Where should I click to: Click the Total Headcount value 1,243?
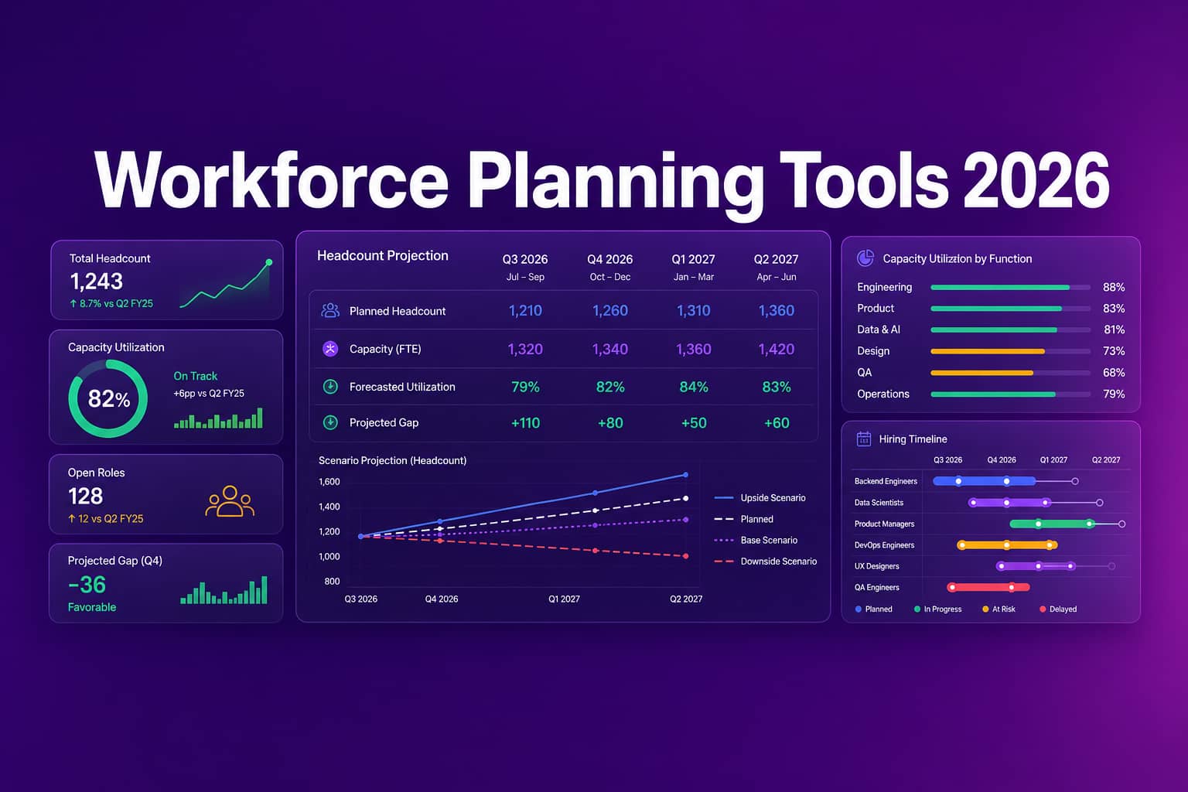coord(97,282)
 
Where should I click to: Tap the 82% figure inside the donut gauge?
coord(109,399)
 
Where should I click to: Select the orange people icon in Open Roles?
coord(230,501)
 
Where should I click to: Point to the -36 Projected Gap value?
coord(87,585)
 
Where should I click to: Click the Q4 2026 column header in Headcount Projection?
coord(610,259)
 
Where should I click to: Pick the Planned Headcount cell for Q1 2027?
coord(693,310)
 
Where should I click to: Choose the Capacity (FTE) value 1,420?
coord(777,349)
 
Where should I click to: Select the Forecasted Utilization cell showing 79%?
coord(525,387)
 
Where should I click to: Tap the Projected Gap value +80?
coord(610,423)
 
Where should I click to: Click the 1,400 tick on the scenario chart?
coord(329,507)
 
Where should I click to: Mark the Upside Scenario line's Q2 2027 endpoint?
coord(686,475)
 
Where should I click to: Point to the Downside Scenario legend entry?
coord(765,562)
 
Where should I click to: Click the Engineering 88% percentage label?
coord(1114,287)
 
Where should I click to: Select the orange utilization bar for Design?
coord(988,351)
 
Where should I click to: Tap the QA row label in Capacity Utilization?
coord(865,372)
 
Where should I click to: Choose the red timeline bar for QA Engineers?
coord(988,587)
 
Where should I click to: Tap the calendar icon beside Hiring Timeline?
coord(864,439)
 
